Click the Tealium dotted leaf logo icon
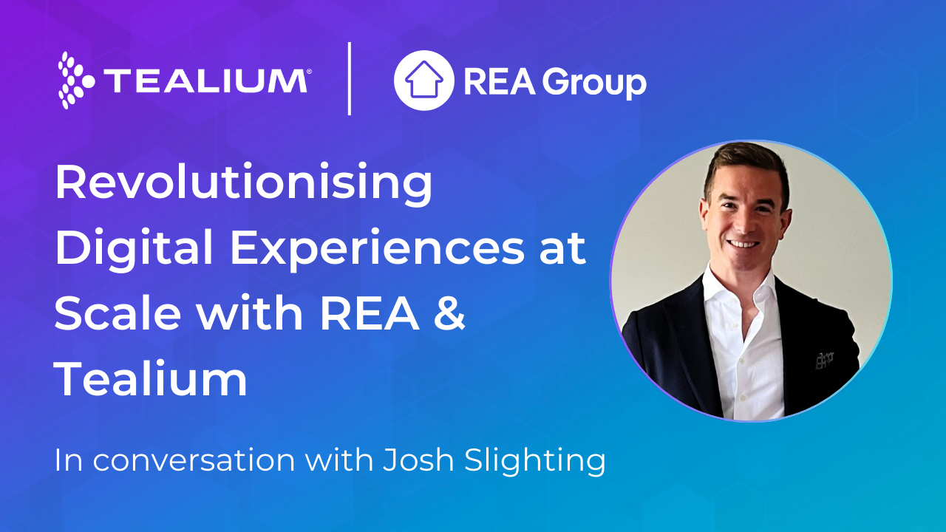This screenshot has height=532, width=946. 75,80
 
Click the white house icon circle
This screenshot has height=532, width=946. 423,81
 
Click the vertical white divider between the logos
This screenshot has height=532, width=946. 350,79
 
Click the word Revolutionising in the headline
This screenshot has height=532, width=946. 243,184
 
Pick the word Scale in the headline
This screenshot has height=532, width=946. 118,313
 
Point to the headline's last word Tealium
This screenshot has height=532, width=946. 151,378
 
